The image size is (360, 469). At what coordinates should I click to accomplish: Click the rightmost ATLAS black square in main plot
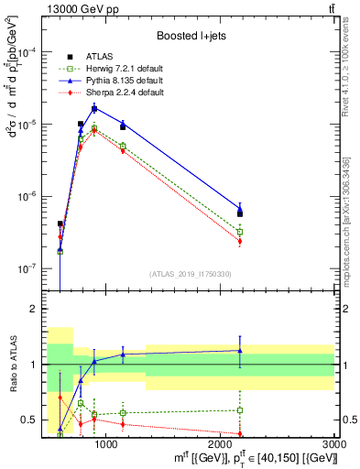[240, 213]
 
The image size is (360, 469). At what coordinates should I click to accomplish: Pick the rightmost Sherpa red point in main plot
[240, 242]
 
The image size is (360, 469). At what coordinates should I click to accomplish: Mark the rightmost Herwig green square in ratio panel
[240, 410]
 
